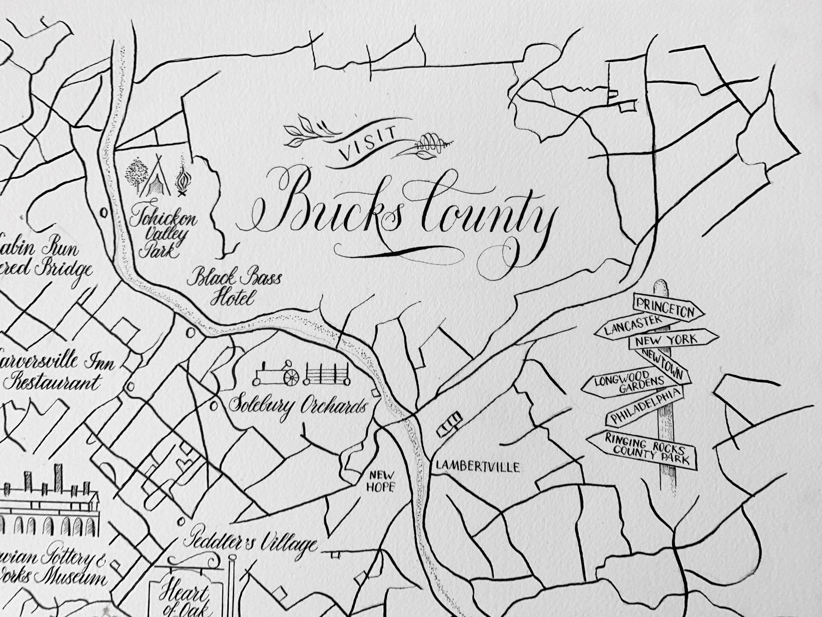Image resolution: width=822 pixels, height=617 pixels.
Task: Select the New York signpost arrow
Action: (x=672, y=339)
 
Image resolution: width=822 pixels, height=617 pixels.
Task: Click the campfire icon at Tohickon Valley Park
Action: (x=183, y=182)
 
